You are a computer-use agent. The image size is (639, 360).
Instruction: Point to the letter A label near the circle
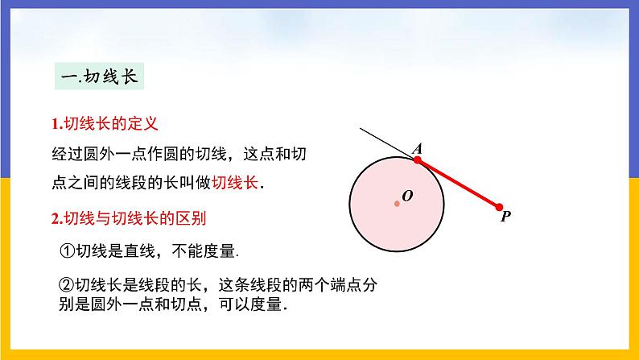(418, 148)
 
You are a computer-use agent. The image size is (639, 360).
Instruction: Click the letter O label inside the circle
(407, 196)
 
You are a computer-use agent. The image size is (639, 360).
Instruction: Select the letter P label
(505, 217)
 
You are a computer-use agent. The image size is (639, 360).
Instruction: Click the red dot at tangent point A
(418, 160)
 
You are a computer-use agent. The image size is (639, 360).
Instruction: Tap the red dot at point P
(499, 207)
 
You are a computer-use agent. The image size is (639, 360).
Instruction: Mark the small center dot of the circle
(398, 203)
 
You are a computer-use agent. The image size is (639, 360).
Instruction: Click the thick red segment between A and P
(459, 184)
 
